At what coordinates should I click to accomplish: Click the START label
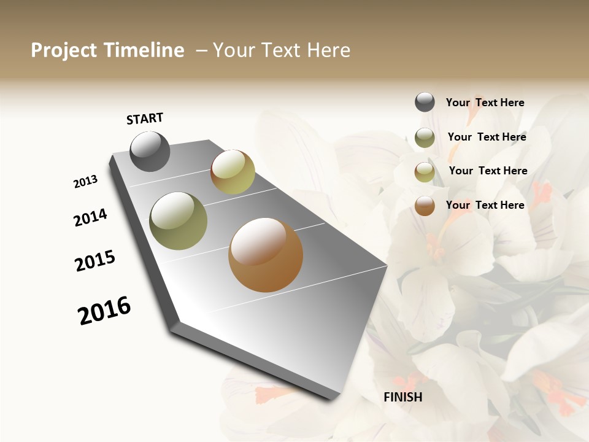(x=145, y=118)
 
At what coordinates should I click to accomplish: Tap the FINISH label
(x=402, y=397)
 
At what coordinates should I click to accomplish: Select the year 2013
(x=85, y=182)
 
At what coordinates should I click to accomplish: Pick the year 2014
(x=90, y=218)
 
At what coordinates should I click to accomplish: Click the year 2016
(x=104, y=311)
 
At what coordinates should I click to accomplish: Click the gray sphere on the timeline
(x=150, y=151)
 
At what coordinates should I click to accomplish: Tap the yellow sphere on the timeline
(x=233, y=172)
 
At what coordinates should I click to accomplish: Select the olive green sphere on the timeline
(x=178, y=220)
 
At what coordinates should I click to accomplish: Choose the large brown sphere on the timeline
(x=266, y=255)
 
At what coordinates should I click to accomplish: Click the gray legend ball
(x=425, y=102)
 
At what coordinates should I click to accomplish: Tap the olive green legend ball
(x=425, y=138)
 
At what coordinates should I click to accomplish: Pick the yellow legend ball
(x=425, y=172)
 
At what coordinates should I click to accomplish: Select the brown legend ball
(x=425, y=206)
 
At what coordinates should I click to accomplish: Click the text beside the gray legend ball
(x=485, y=103)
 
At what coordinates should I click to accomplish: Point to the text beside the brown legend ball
(x=485, y=205)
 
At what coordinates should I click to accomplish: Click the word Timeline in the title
(x=144, y=50)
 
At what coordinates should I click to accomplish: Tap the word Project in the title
(x=64, y=50)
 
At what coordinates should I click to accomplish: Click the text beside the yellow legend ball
(x=488, y=171)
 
